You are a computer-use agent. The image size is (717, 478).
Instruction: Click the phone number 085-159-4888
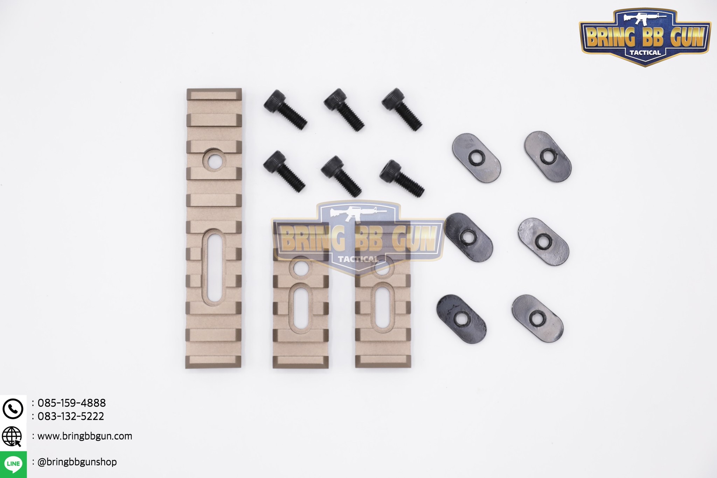pyautogui.click(x=71, y=403)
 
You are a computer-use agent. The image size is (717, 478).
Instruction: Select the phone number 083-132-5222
pyautogui.click(x=71, y=416)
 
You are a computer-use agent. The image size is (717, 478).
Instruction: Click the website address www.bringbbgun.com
pyautogui.click(x=85, y=436)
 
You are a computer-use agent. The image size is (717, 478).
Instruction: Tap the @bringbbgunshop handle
pyautogui.click(x=77, y=462)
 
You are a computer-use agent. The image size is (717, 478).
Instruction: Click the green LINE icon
pyautogui.click(x=13, y=464)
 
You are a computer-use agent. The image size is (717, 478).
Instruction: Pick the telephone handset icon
pyautogui.click(x=13, y=409)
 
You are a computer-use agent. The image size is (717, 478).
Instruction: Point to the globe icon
pyautogui.click(x=12, y=436)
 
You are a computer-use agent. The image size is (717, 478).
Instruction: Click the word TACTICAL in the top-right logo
pyautogui.click(x=645, y=53)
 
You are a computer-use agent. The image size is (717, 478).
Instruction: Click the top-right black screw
pyautogui.click(x=402, y=109)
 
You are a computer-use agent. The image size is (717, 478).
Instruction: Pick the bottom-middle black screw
pyautogui.click(x=341, y=176)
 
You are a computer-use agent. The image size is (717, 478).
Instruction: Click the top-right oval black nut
pyautogui.click(x=548, y=156)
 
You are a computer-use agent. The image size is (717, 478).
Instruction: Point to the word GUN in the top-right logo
pyautogui.click(x=687, y=37)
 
